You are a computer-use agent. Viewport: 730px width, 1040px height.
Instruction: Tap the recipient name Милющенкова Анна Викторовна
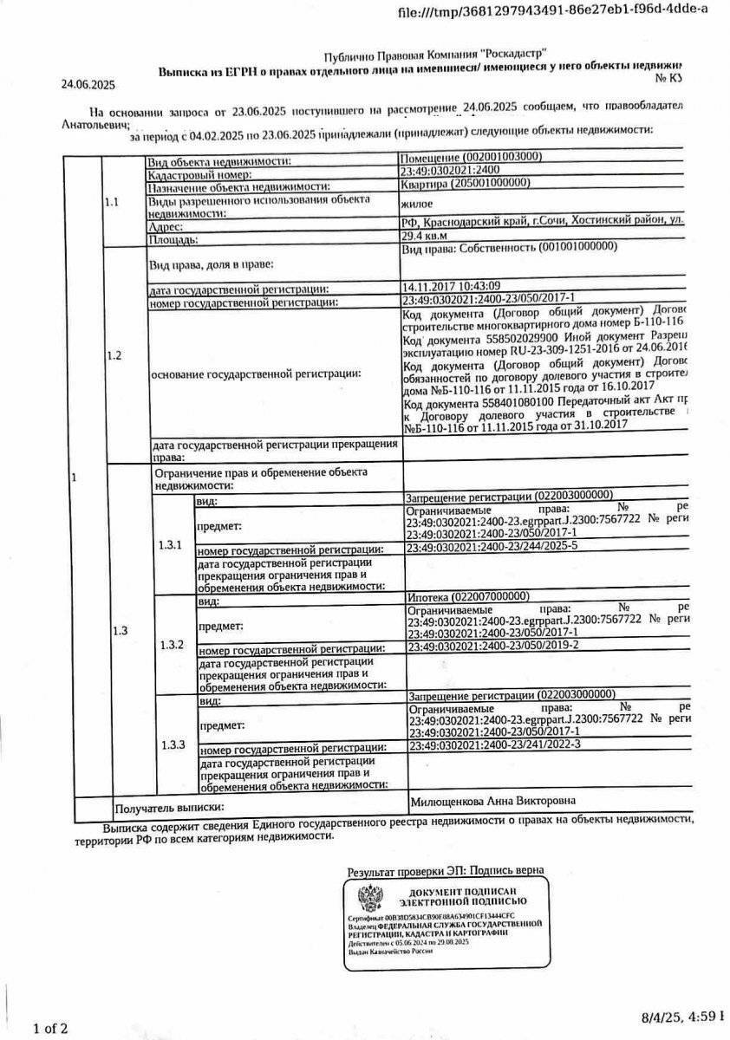tap(492, 801)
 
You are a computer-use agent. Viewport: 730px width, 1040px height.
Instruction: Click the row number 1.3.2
tap(173, 645)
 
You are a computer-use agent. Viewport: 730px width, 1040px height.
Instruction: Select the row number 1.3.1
tap(171, 546)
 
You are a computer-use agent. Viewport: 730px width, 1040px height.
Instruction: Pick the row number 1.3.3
tap(173, 745)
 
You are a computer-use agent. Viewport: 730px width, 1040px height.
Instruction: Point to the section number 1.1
tap(112, 202)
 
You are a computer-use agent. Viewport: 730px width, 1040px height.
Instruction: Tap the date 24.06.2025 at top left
tap(88, 85)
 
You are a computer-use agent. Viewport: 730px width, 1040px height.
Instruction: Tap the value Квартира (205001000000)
tap(466, 184)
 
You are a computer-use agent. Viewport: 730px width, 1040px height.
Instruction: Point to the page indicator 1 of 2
tap(49, 1029)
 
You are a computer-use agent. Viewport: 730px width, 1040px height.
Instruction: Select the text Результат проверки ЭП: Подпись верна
tap(446, 870)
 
